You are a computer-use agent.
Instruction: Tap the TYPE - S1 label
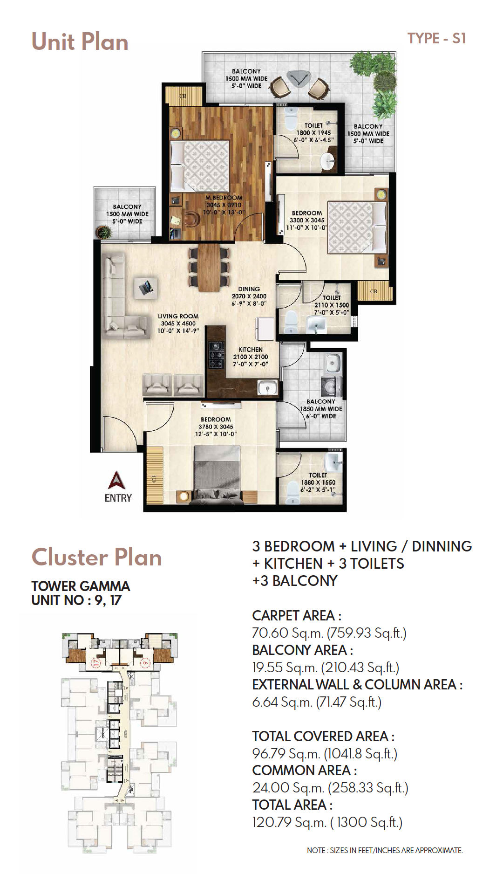(436, 38)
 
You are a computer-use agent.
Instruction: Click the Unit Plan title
(80, 41)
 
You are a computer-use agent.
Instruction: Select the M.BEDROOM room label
(224, 198)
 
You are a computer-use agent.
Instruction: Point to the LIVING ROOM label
(178, 316)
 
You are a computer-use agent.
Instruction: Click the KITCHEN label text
(251, 350)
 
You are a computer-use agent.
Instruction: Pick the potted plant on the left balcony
(103, 232)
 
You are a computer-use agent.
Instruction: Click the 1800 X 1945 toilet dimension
(313, 133)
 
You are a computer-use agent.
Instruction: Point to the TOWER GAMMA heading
(81, 586)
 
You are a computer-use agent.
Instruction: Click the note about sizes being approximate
(385, 850)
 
